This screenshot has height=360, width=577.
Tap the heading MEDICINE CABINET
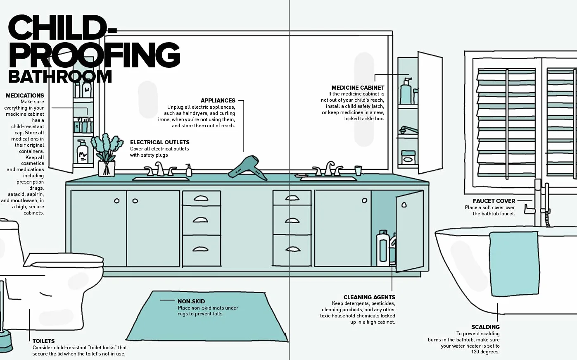[x=358, y=88]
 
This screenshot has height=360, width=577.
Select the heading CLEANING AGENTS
[x=369, y=297]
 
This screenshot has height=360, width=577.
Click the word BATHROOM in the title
[x=60, y=76]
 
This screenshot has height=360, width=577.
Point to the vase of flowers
[x=106, y=155]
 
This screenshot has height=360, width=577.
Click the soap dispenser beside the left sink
[x=189, y=170]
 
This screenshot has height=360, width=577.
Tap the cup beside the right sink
[x=358, y=170]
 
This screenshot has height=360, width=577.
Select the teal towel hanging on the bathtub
[x=514, y=264]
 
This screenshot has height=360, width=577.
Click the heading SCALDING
[x=485, y=327]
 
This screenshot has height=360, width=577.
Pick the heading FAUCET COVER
[x=494, y=201]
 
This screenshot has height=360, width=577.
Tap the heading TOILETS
[x=43, y=341]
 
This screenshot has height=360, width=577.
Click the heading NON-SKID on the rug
[x=191, y=301]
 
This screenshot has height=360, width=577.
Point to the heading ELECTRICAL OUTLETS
[x=160, y=142]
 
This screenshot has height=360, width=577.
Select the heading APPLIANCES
[x=218, y=100]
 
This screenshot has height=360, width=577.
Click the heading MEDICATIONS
[x=25, y=95]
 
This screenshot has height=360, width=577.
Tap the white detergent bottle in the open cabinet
[x=383, y=248]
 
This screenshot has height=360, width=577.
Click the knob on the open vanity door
[x=404, y=205]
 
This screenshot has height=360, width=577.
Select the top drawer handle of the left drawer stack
[x=201, y=198]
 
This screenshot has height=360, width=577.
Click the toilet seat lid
[x=63, y=260]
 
